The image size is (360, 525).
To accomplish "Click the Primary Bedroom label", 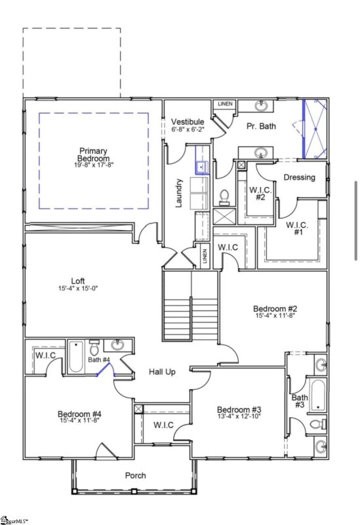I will click(x=93, y=155).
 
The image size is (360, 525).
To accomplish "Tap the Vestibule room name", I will click(x=188, y=122).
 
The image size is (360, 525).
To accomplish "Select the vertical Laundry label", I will click(x=178, y=194).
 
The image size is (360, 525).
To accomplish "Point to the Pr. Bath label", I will click(x=260, y=125).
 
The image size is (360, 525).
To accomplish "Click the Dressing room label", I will click(x=300, y=177).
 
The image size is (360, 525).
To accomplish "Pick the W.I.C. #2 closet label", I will click(x=256, y=194).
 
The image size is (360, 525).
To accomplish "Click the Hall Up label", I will click(x=161, y=372).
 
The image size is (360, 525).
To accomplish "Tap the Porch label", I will click(x=136, y=475).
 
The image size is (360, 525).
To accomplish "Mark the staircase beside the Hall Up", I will click(x=190, y=306).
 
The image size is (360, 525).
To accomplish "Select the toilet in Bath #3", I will click(x=317, y=424).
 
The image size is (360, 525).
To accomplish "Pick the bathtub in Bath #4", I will click(x=75, y=357).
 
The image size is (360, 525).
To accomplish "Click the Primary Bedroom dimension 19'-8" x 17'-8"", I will click(x=93, y=165).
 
